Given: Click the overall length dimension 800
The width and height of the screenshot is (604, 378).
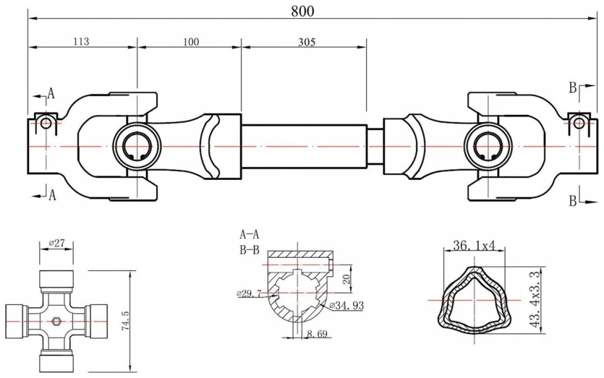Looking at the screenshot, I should click(303, 11).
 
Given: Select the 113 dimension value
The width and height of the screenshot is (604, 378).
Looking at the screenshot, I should click(81, 42).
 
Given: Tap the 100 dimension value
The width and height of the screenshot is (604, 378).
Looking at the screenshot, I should click(191, 42).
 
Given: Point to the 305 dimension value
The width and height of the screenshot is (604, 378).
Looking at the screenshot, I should click(306, 42).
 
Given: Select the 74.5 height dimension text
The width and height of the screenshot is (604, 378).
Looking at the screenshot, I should click(126, 320).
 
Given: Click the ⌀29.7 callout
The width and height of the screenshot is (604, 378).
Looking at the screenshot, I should click(250, 293).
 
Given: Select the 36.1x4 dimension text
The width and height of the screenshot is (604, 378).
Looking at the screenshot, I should click(474, 246).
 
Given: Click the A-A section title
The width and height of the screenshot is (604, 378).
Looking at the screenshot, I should click(249, 234).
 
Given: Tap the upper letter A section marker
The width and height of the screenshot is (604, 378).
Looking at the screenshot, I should click(52, 94).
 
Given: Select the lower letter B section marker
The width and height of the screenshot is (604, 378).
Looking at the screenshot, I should click(573, 201).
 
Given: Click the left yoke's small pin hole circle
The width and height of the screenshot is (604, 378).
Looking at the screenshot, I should click(46, 123).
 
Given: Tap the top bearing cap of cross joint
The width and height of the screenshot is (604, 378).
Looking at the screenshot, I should click(57, 279).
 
